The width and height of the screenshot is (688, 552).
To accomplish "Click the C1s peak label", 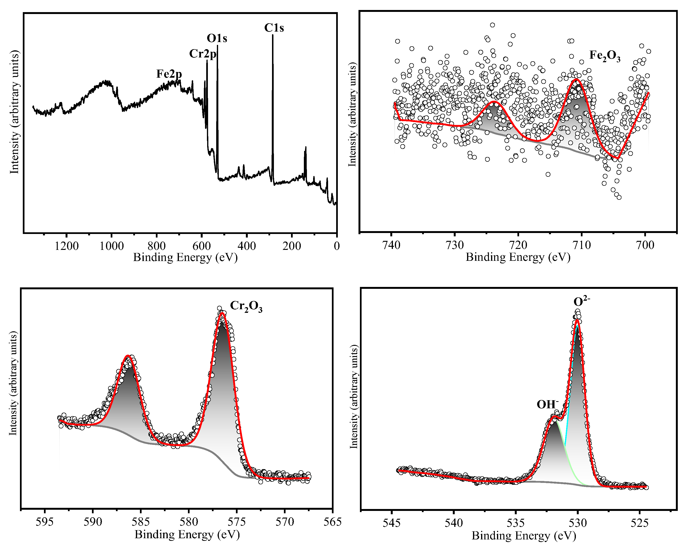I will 274,28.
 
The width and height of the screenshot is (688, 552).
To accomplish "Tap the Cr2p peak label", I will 203,54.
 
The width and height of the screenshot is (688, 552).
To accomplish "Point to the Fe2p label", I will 169,74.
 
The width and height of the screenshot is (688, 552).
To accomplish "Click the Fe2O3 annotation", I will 604,56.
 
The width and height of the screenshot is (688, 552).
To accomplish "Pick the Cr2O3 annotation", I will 246,306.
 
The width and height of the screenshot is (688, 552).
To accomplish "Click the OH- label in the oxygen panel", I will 547,404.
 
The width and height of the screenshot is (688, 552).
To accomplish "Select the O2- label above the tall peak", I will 581,301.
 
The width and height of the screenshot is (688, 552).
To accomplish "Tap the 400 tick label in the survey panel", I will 247,246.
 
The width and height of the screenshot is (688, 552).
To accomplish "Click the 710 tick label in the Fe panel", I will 582,245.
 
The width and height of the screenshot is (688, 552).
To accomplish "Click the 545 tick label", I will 392,523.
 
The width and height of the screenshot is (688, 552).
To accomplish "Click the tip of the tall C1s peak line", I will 272,35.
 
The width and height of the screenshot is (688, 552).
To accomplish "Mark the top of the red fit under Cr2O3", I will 222,313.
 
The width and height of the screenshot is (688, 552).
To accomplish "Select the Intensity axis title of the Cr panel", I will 13,383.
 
